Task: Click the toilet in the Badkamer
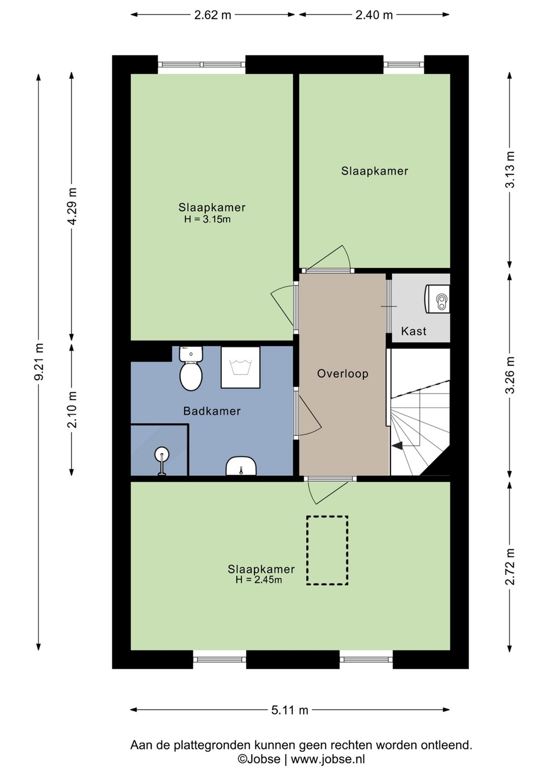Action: point(191,369)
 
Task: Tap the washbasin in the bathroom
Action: point(241,466)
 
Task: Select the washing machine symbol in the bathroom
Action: point(241,368)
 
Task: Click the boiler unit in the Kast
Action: point(437,299)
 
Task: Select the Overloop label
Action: point(342,374)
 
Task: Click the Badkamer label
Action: point(212,411)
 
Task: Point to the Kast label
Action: point(413,331)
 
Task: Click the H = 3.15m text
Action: point(207,219)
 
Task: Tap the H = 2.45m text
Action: point(259,580)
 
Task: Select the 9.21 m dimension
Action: point(39,362)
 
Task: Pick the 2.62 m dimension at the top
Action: point(213,15)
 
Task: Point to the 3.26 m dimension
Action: point(510,375)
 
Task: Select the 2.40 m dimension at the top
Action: point(374,15)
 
